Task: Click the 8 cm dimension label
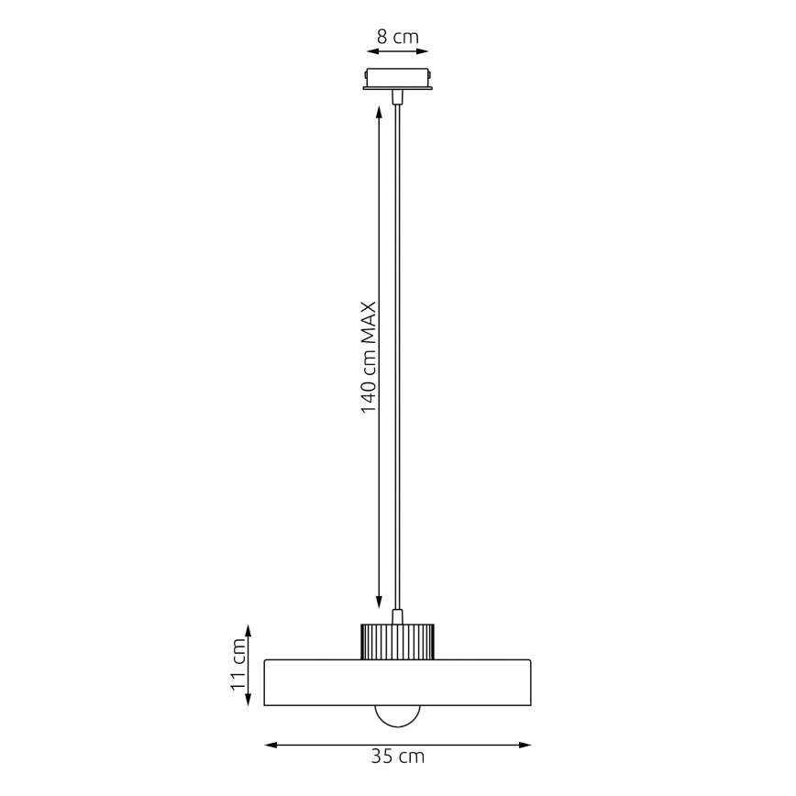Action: click(x=397, y=37)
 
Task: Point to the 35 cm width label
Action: click(x=397, y=757)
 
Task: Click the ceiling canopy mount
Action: click(x=397, y=79)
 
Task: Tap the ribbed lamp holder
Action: click(x=397, y=640)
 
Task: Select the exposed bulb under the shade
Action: click(x=397, y=715)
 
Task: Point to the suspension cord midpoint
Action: click(x=397, y=358)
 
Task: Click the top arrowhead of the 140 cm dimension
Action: click(x=379, y=112)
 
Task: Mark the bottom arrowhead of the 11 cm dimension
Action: click(x=249, y=702)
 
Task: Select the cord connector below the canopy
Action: click(x=397, y=97)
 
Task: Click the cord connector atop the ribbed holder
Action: click(x=397, y=615)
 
